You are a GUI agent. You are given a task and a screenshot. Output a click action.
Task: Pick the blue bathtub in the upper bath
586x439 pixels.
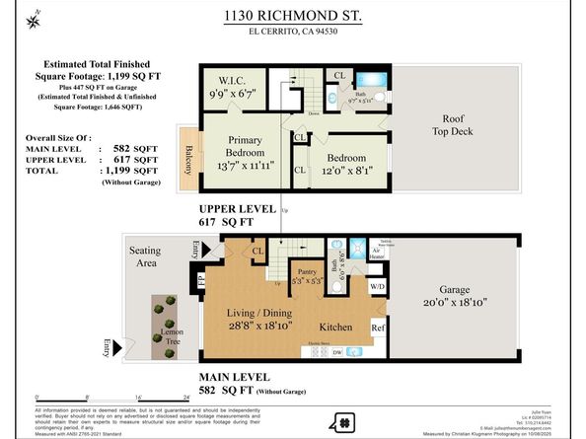point(373,79)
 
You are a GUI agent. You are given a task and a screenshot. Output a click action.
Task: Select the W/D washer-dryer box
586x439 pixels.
point(378,287)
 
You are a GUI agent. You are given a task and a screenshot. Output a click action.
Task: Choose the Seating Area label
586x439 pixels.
point(145,257)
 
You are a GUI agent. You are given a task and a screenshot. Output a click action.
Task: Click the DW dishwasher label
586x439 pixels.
point(337,352)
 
